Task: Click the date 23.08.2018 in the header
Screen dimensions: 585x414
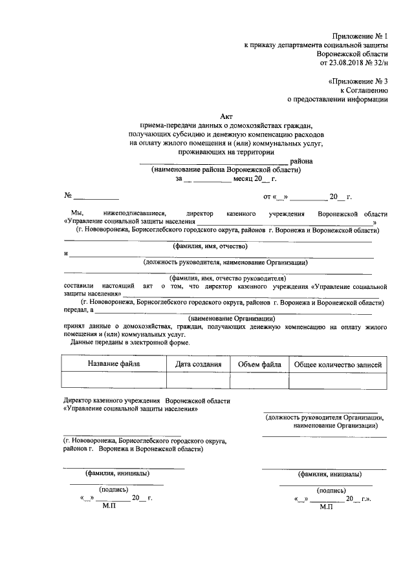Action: (x=348, y=63)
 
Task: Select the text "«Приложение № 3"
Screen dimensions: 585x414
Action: (x=358, y=81)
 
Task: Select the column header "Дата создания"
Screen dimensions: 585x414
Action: (x=199, y=365)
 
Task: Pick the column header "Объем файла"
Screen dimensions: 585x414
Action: (x=259, y=365)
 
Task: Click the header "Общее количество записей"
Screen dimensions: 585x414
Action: (x=338, y=365)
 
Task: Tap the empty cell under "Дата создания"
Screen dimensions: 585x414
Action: (x=199, y=381)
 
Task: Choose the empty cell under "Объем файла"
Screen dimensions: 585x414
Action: (x=259, y=381)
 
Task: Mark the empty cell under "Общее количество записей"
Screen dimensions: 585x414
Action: (x=338, y=381)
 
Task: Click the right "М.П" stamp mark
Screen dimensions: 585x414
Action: (x=327, y=507)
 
